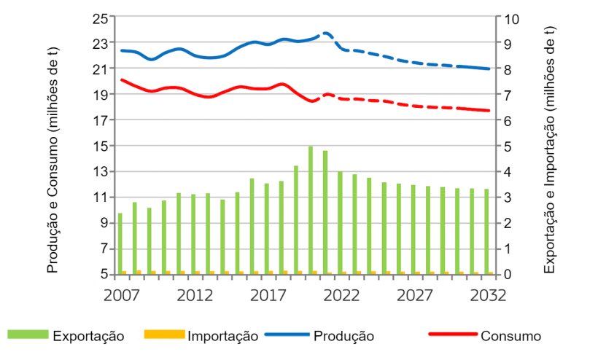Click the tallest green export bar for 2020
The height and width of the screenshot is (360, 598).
311,211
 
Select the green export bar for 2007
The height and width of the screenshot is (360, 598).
120,243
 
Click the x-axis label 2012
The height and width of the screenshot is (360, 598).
194,295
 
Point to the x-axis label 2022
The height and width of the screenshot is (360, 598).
341,295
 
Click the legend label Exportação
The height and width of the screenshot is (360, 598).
88,336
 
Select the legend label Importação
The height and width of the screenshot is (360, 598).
223,336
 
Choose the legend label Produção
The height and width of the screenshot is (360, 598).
344,336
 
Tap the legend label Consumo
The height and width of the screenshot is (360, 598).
510,336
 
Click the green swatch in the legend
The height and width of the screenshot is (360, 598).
28,335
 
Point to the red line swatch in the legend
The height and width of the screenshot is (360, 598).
451,335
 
